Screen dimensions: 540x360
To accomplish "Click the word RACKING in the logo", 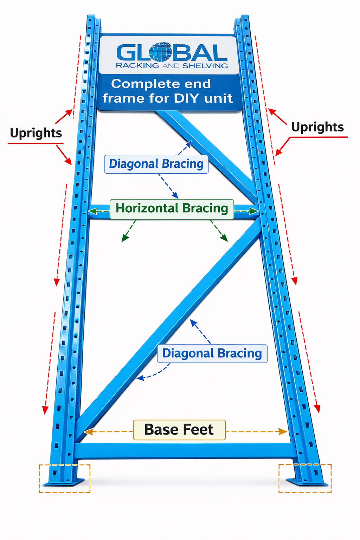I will click(x=137, y=66).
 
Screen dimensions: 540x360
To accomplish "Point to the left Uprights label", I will click(x=36, y=133).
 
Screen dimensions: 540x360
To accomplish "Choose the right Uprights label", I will click(x=317, y=127).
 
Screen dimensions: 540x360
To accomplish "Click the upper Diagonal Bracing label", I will click(x=156, y=164).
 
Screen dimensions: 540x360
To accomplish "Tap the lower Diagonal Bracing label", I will click(x=212, y=353).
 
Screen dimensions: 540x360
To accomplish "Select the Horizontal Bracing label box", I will click(x=172, y=208).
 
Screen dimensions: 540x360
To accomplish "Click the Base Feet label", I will click(x=179, y=430).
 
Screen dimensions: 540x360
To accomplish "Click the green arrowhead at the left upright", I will click(x=92, y=211).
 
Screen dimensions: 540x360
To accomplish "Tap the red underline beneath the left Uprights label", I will click(x=36, y=143).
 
